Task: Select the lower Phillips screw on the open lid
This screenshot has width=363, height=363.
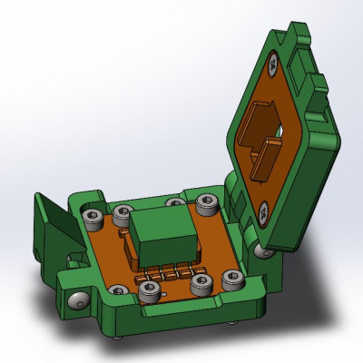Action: pyautogui.click(x=262, y=214)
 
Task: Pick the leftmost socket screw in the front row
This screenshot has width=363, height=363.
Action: pyautogui.click(x=117, y=290)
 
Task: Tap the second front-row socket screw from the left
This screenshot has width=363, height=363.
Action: pyautogui.click(x=150, y=290)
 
